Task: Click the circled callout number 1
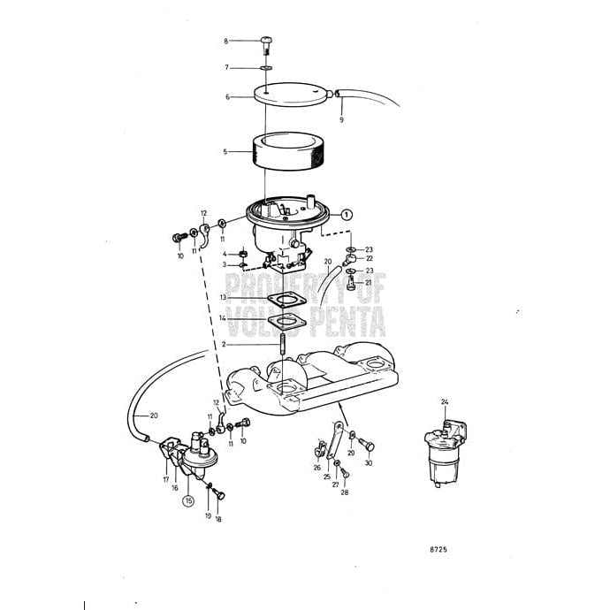click(x=347, y=214)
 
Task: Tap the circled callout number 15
click(x=188, y=500)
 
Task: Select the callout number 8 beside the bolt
click(x=226, y=41)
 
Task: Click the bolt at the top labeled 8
click(x=266, y=45)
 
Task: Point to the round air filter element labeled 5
click(x=288, y=151)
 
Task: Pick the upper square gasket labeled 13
click(x=287, y=300)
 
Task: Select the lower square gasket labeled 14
click(x=286, y=322)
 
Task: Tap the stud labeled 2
click(x=283, y=343)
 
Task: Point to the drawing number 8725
click(x=438, y=549)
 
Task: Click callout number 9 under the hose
click(x=341, y=120)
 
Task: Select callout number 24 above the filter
click(x=445, y=402)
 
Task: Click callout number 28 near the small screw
click(x=345, y=492)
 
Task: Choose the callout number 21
click(x=368, y=283)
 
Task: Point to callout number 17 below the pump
click(x=166, y=479)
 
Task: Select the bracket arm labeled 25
click(x=334, y=441)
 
